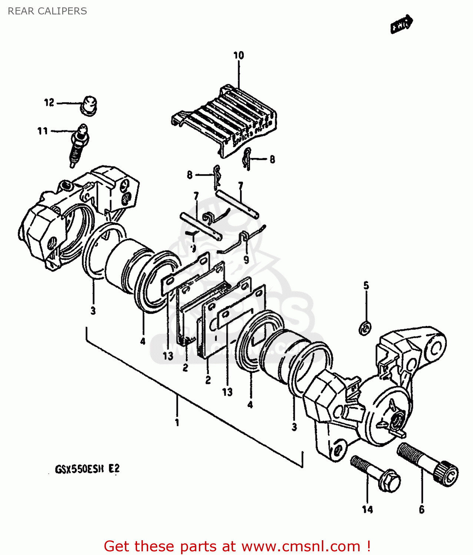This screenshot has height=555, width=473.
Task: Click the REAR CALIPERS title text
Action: [x=47, y=11]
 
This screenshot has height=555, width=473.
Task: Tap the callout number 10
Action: [x=239, y=55]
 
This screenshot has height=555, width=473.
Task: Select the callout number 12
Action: [x=49, y=102]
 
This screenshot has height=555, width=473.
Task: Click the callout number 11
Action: [x=43, y=131]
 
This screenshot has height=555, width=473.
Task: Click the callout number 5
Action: [x=366, y=285]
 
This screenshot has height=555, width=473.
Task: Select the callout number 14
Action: [x=367, y=510]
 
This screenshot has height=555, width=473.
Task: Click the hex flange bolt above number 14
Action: [x=376, y=474]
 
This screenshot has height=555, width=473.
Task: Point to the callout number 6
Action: [x=422, y=510]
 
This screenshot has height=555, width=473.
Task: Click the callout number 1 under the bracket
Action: [x=177, y=422]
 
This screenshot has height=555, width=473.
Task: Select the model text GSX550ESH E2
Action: [x=87, y=469]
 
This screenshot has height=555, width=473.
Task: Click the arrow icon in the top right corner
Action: [x=402, y=24]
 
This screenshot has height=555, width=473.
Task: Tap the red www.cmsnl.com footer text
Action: [x=237, y=546]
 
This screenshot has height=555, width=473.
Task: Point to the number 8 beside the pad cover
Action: [x=272, y=159]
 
